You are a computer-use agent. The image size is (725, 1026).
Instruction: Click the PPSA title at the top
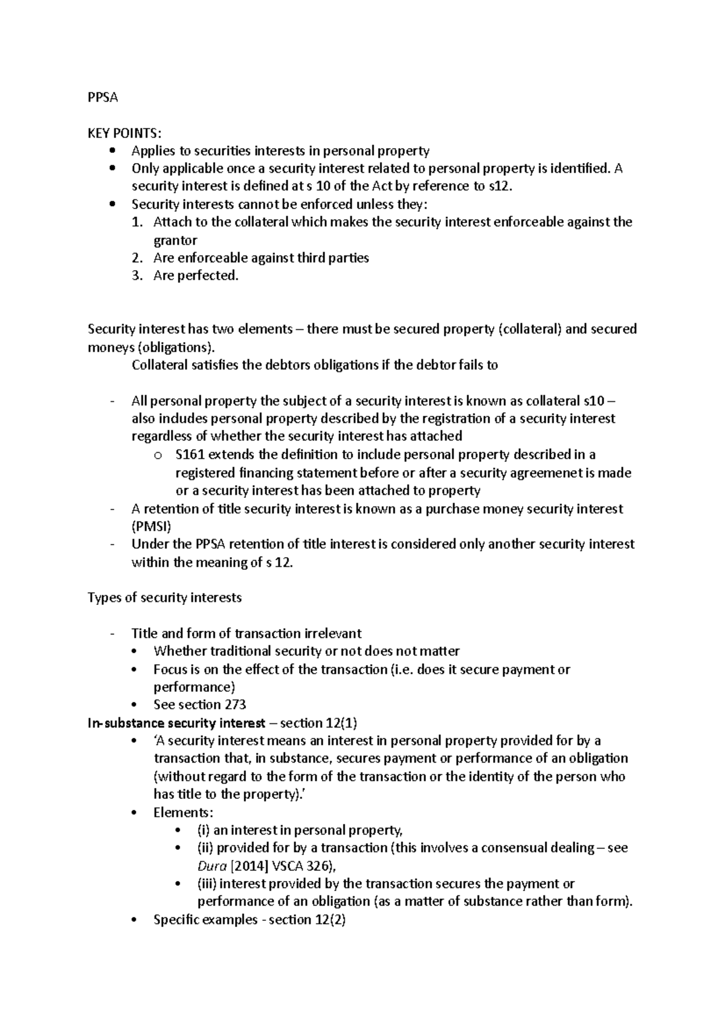pyautogui.click(x=102, y=97)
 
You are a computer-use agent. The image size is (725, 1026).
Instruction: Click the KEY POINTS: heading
pyautogui.click(x=124, y=133)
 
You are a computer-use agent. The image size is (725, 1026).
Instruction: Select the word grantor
pyautogui.click(x=175, y=240)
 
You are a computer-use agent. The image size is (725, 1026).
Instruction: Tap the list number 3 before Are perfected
pyautogui.click(x=138, y=276)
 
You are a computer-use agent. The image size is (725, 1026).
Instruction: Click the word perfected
pyautogui.click(x=208, y=276)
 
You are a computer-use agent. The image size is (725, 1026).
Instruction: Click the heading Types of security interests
pyautogui.click(x=164, y=598)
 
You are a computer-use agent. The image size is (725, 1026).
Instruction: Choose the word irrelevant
pyautogui.click(x=329, y=633)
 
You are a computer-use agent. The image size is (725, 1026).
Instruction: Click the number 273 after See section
pyautogui.click(x=235, y=705)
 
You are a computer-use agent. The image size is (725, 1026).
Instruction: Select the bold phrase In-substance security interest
pyautogui.click(x=176, y=723)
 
